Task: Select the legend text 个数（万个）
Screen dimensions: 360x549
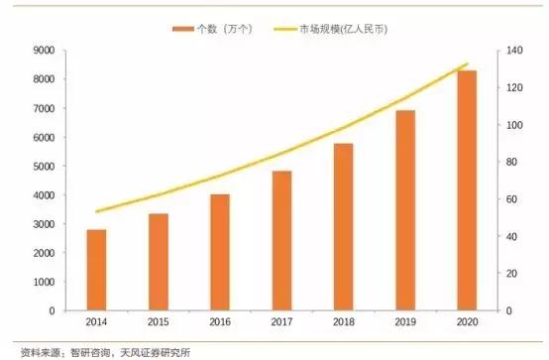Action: (223, 29)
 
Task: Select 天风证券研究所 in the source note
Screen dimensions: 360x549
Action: (153, 350)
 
